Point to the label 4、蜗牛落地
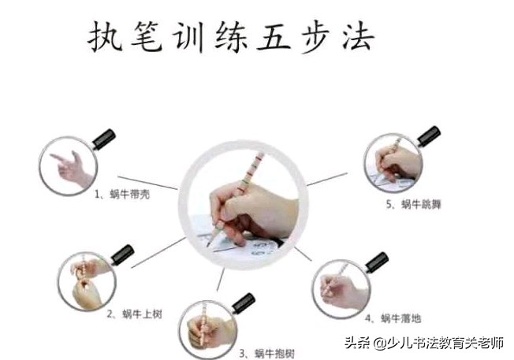coord(393,318)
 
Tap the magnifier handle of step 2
coord(122,254)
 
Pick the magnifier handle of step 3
coord(243,301)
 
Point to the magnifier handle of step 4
coord(376,262)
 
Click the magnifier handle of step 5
coord(428,135)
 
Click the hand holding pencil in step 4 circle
coord(341,288)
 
